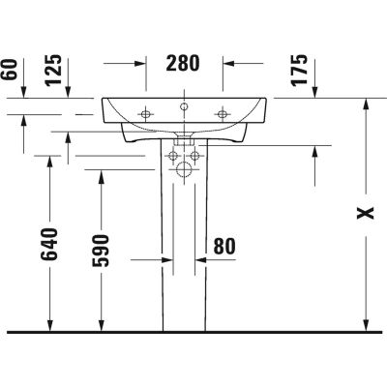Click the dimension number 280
point(183,65)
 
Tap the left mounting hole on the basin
point(145,116)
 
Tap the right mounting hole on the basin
point(223,116)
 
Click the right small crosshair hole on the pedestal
point(194,155)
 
